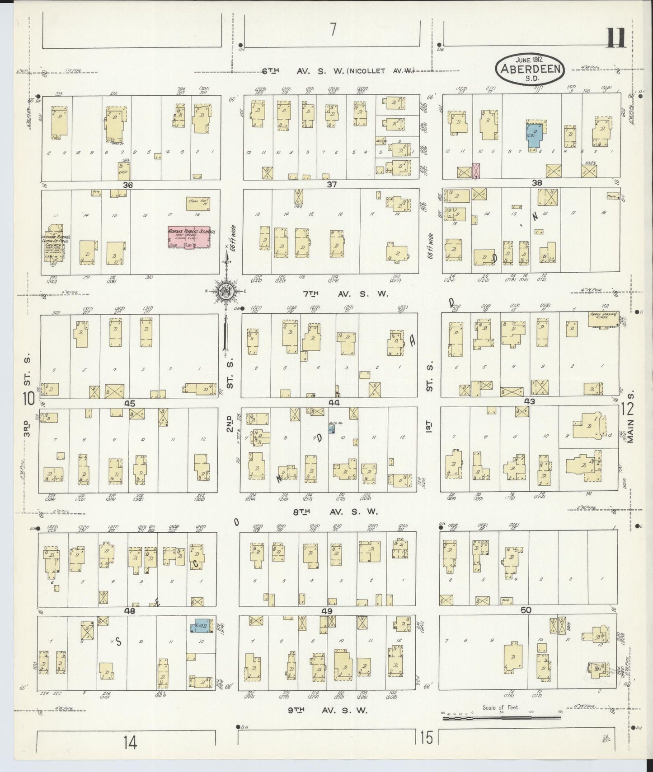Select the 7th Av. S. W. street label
coord(346,294)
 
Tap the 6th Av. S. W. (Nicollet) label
coord(339,71)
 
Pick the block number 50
coord(526,610)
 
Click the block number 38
coord(537,183)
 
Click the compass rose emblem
coord(226,291)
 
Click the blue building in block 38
coord(536,135)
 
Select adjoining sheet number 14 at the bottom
coord(131,742)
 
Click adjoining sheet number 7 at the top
coord(333,29)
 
